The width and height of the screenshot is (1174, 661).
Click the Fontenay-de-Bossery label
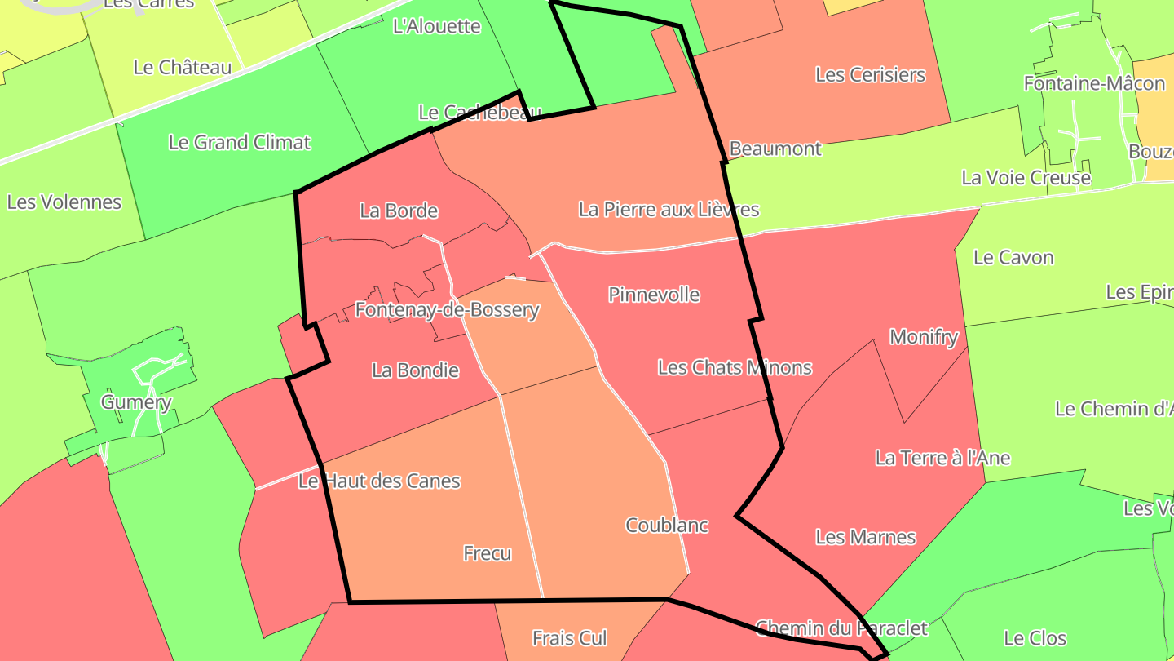pos(447,310)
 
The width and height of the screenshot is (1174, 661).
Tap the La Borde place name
pos(399,211)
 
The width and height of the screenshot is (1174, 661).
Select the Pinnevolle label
pos(654,295)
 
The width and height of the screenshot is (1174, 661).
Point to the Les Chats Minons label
pos(735,367)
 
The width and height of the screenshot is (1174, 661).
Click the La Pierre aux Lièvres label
pos(669,210)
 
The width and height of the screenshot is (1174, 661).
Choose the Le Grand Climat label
pos(240,142)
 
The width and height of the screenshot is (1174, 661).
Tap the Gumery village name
pos(136,402)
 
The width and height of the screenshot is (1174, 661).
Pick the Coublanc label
pos(667,526)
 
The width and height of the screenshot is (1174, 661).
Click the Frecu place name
pos(488,553)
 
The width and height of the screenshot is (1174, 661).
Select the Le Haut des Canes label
pos(379,481)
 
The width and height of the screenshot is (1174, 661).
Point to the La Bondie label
pos(415,370)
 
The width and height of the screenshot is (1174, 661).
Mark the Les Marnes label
pos(866,537)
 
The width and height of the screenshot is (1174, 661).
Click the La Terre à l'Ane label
pos(942,458)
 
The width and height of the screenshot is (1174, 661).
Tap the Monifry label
pos(924,337)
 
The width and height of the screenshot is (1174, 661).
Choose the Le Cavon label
pos(1014,258)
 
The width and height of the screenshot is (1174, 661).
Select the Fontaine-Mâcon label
pos(1094,83)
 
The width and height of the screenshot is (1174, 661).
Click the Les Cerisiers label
pos(871,75)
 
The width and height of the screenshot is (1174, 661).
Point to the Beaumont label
pos(775,149)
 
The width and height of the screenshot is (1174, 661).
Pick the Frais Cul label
pos(571,638)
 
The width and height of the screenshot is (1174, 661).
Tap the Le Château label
pos(183,68)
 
